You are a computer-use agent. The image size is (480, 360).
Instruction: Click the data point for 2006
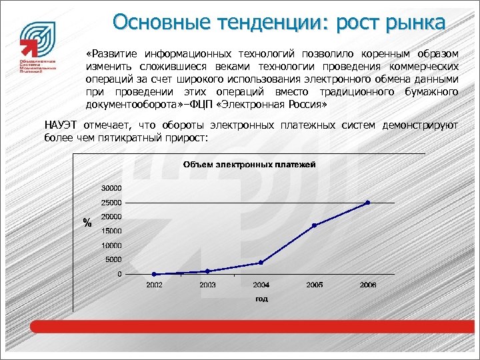tap(367, 203)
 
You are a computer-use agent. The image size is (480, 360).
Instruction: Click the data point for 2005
tap(314, 225)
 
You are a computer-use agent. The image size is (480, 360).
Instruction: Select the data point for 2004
tap(261, 263)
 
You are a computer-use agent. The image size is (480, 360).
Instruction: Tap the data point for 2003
tap(207, 271)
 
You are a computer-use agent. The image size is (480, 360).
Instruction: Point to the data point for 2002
tap(154, 274)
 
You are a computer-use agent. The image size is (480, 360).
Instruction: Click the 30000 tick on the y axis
tap(111, 187)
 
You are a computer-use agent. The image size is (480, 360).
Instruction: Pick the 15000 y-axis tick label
tap(111, 231)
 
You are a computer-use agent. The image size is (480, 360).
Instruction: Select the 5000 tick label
tap(113, 259)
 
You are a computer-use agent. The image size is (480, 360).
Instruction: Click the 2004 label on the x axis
tap(261, 285)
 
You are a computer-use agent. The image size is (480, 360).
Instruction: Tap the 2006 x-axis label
tap(367, 285)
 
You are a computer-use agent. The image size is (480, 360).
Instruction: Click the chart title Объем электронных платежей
tap(249, 164)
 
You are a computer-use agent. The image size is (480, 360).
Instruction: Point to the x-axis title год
tap(261, 299)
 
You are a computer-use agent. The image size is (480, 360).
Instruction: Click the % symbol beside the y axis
tap(87, 223)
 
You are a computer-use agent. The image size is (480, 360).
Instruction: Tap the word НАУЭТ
tap(61, 125)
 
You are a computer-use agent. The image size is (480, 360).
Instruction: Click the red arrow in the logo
tap(29, 47)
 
